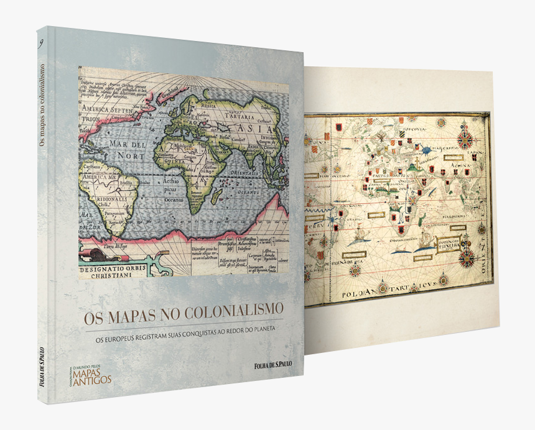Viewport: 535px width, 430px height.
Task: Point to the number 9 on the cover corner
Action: point(40,43)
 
